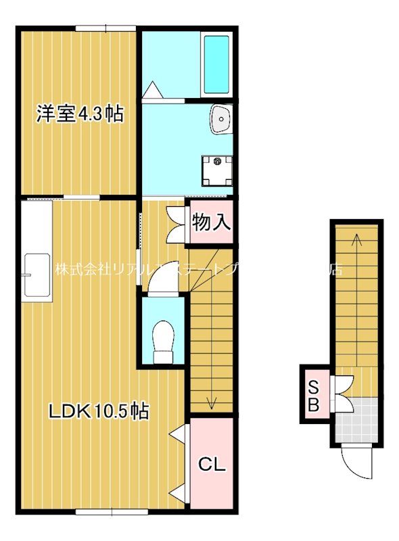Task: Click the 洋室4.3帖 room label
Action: [x=79, y=114]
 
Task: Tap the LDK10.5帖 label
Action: [x=99, y=410]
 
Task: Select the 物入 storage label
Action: [x=212, y=221]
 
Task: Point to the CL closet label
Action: [x=212, y=465]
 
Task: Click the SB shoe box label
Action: [x=314, y=396]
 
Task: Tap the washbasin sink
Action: [x=221, y=120]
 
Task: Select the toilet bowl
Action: [x=164, y=338]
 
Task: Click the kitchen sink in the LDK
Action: [x=36, y=276]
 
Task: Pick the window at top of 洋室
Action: [x=105, y=28]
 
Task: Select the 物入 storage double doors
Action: [x=177, y=222]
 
